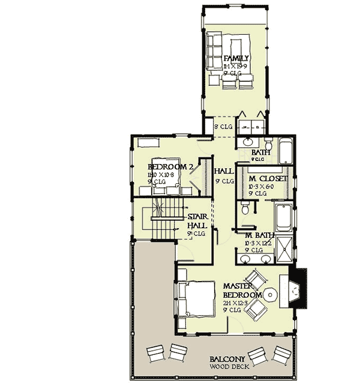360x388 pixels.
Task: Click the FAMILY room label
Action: click(236, 58)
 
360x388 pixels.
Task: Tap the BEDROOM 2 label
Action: click(162, 167)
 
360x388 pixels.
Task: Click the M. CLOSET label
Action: click(263, 179)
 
